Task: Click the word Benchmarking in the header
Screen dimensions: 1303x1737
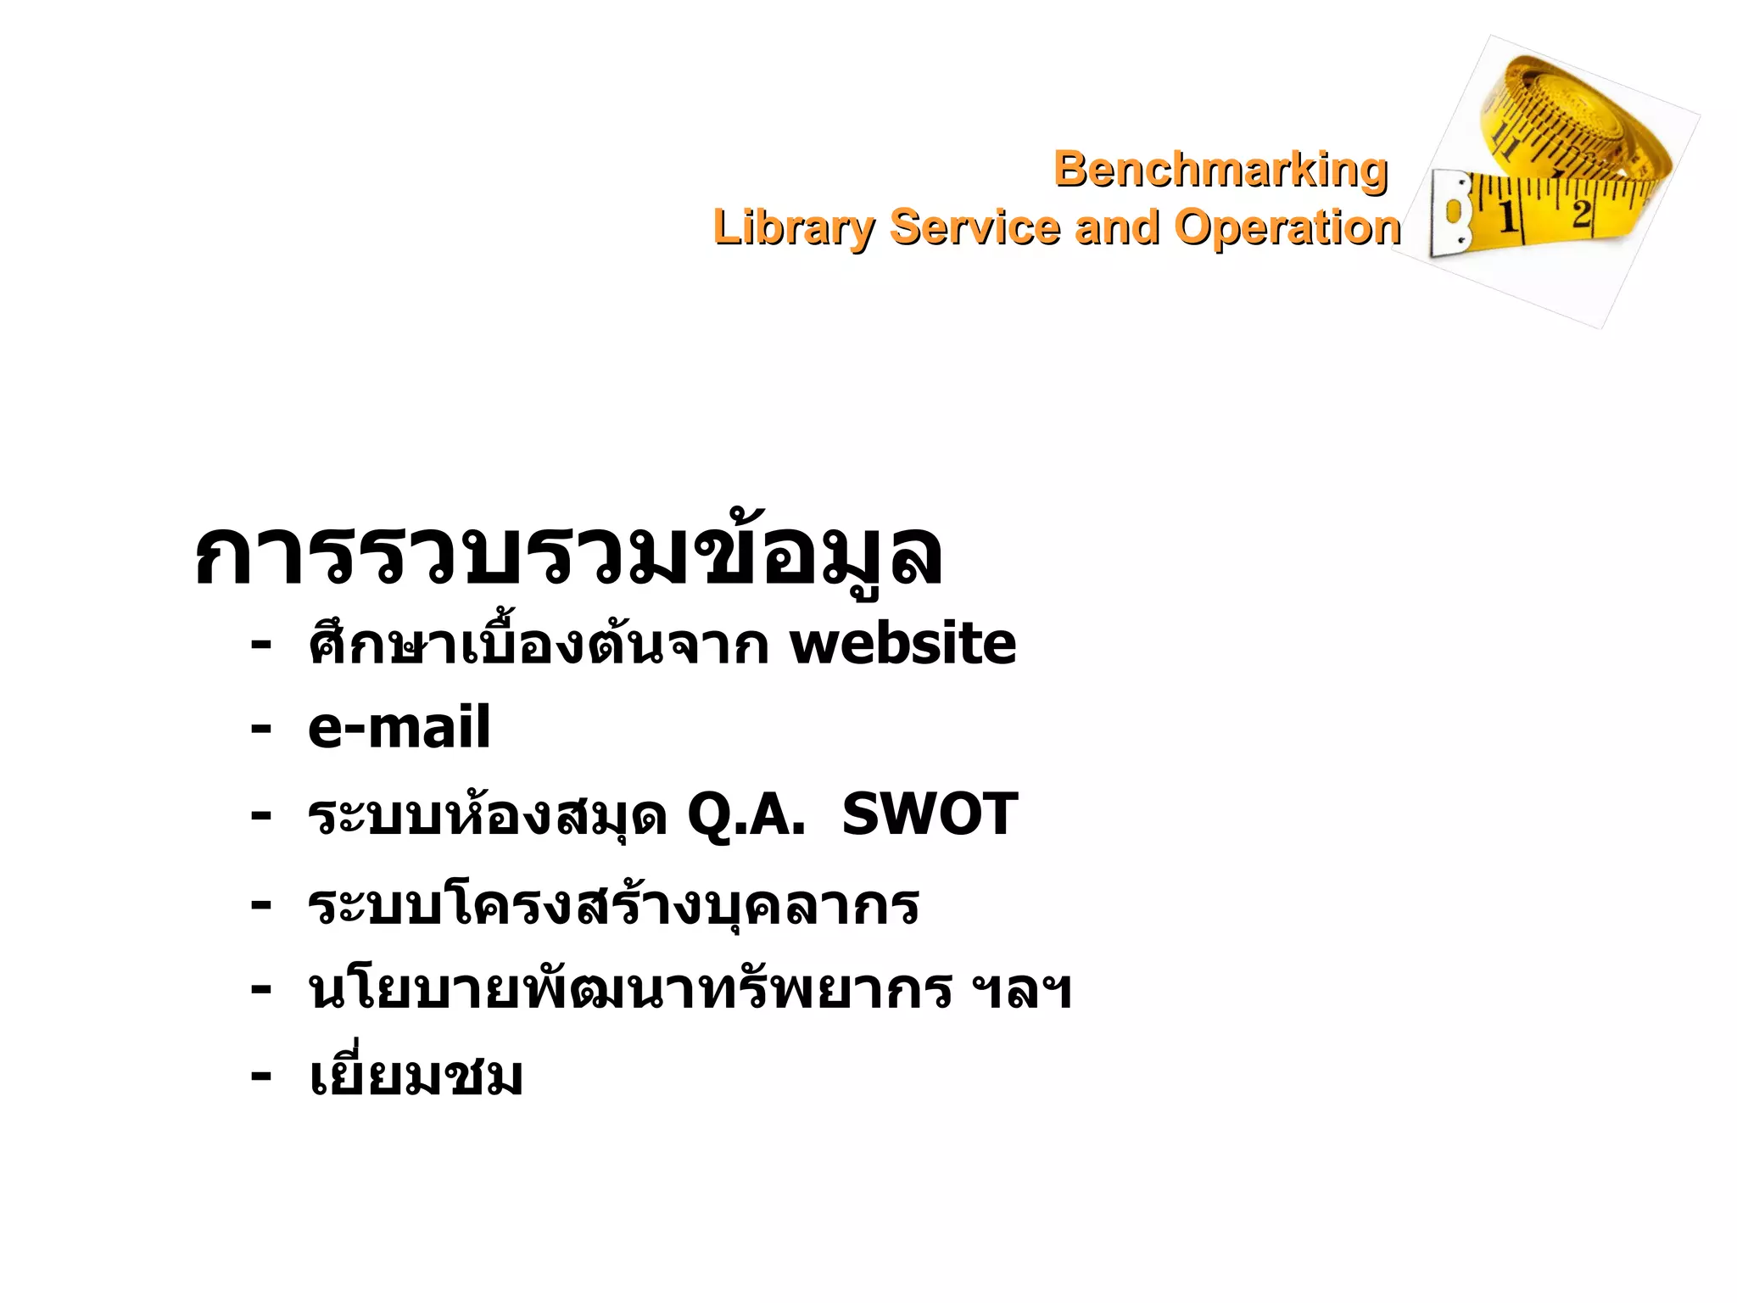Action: (x=1220, y=170)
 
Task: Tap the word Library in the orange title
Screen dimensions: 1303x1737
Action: (x=792, y=227)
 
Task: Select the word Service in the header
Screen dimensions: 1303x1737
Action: (x=975, y=227)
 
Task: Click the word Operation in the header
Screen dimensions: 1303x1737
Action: (x=1287, y=227)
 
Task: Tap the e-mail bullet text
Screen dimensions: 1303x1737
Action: (x=399, y=728)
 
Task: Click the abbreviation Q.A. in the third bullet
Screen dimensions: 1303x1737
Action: (x=746, y=814)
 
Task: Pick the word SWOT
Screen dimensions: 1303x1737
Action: (x=930, y=814)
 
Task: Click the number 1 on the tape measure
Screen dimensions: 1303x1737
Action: (x=1507, y=217)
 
